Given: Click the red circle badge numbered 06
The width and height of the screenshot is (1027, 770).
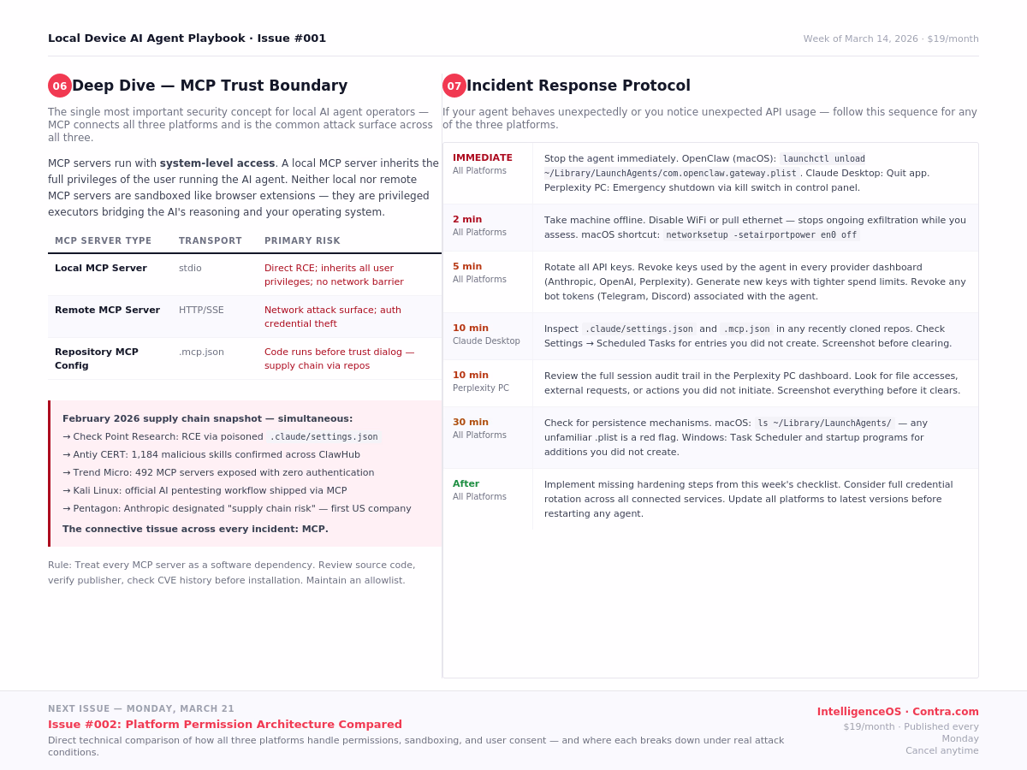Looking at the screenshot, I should (60, 86).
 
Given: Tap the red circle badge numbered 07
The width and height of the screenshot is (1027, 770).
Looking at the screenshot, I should (454, 86).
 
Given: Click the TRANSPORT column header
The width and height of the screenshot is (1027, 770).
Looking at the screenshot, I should (211, 241).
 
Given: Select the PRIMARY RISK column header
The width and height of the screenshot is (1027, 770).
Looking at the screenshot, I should (302, 241).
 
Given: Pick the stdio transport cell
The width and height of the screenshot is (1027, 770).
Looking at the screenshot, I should (190, 268).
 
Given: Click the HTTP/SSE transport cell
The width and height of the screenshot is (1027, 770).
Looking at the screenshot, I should (201, 310).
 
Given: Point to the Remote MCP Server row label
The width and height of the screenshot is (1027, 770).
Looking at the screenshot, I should (107, 310).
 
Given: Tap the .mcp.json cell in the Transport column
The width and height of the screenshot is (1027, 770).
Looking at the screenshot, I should (201, 352).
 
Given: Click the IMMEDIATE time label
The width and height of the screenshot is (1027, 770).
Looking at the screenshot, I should (483, 157).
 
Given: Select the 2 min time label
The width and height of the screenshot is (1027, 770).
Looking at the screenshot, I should (467, 219).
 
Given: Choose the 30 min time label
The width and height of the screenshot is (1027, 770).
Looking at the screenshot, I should (471, 422).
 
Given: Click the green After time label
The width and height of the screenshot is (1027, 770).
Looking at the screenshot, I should (466, 483).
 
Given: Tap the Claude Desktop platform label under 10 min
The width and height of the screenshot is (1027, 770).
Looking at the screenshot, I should (486, 341).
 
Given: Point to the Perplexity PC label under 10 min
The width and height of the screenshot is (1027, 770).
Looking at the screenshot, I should (481, 388).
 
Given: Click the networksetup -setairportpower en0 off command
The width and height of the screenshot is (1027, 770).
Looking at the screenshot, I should (761, 235).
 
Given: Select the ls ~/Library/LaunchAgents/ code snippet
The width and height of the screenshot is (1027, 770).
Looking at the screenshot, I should (824, 423).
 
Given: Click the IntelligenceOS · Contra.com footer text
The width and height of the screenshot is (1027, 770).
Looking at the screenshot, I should (898, 712).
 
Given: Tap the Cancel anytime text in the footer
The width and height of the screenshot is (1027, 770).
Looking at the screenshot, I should (941, 750).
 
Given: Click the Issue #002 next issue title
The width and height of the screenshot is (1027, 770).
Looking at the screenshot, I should (225, 724).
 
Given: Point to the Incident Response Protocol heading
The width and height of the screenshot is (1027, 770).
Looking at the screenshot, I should (579, 86).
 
